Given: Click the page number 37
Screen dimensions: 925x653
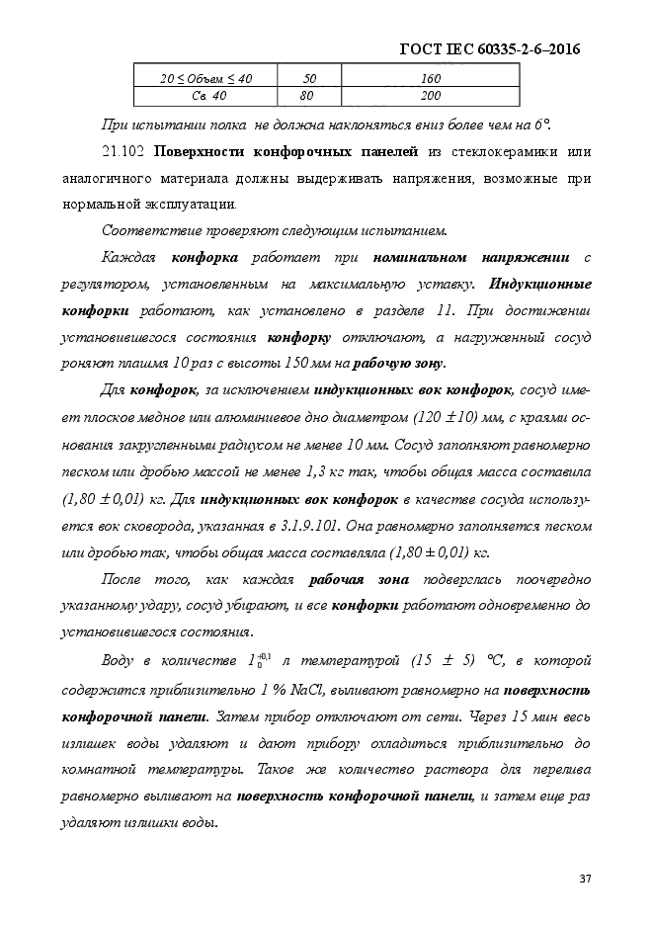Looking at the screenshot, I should point(584,879).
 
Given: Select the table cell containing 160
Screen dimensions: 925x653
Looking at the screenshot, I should point(431,77).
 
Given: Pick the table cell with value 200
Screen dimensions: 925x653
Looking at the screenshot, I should point(431,96).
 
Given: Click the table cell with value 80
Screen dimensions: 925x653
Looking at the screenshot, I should point(306,96).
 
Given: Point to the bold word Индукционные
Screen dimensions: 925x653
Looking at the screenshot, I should point(541,283).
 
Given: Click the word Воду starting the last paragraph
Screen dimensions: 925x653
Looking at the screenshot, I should point(123,659).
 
